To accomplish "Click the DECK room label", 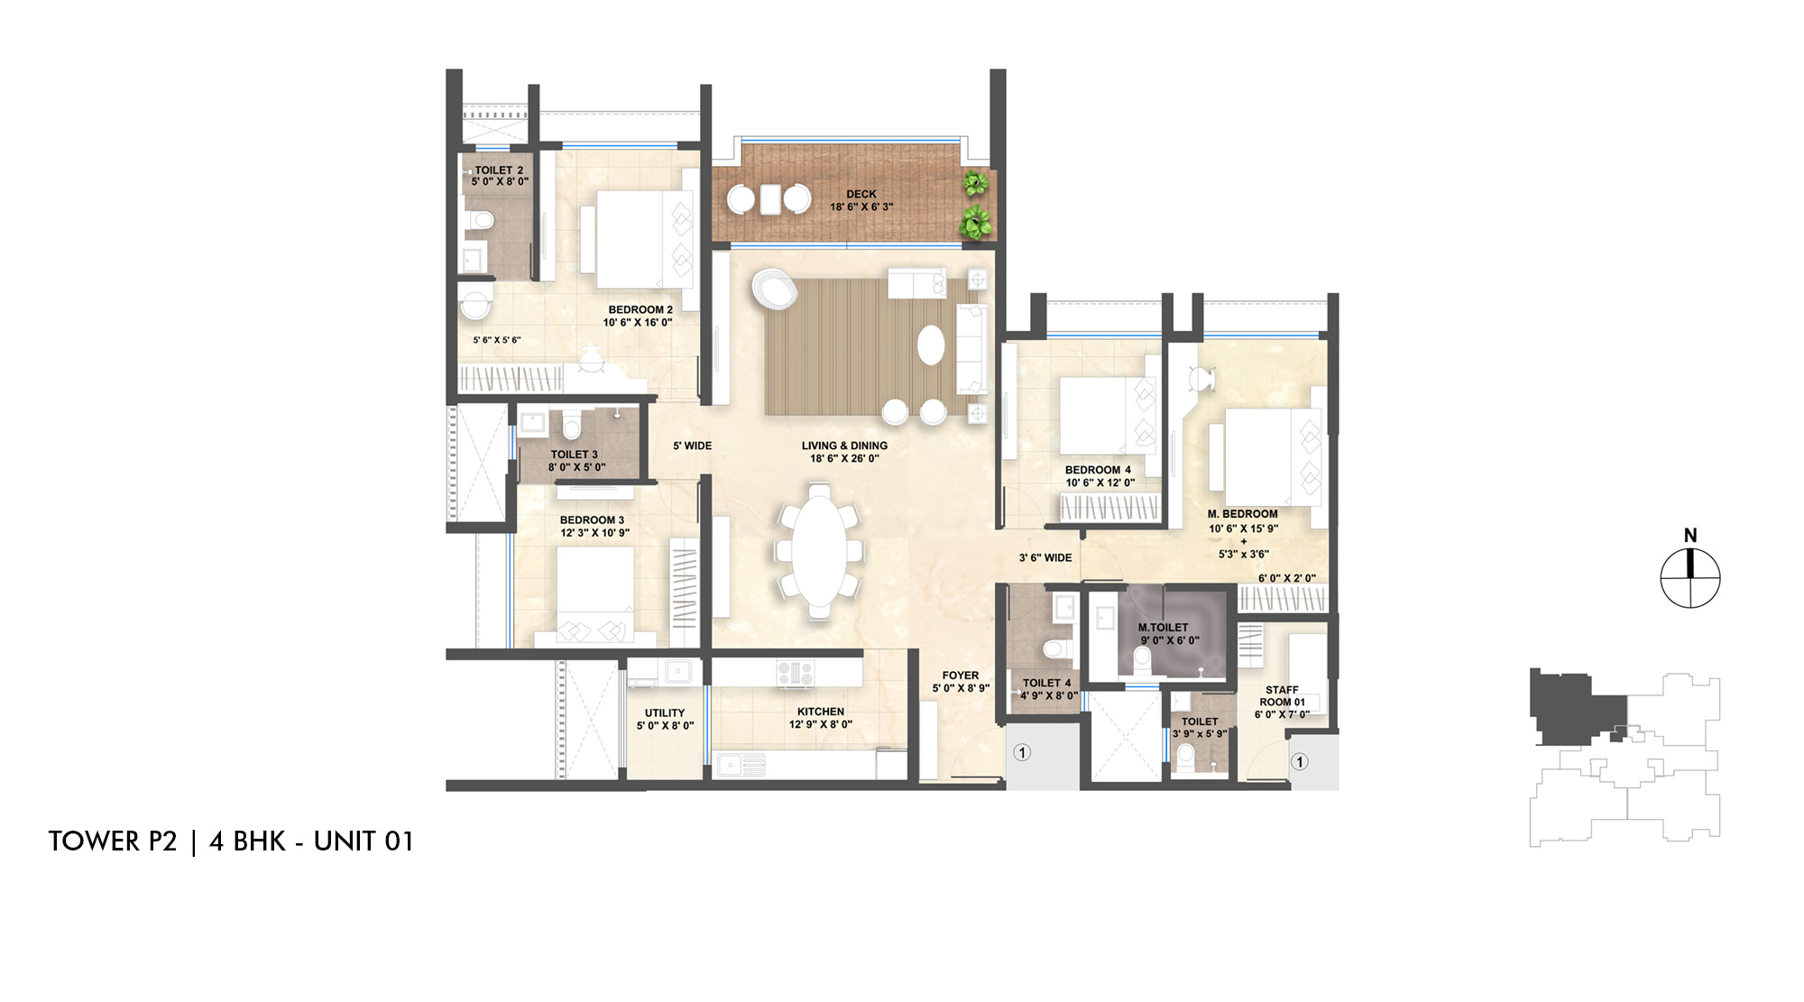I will point(861,195).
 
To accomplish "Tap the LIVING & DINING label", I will point(844,446).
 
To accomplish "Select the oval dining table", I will point(819,550).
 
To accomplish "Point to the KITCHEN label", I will point(821,712).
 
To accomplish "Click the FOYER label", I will point(961,676).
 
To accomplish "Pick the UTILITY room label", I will point(665,713).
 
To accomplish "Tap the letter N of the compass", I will point(1690,536).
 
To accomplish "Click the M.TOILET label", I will point(1163,628).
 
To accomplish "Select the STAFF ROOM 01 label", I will point(1282,696).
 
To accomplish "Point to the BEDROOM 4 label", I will point(1098,470).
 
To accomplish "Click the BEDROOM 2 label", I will point(640,310).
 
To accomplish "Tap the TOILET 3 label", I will point(575,455).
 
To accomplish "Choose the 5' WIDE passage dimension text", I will point(693,446).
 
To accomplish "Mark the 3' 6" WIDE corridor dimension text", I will point(1045,558).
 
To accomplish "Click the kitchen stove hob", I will point(796,672).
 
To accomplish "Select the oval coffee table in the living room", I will point(932,345).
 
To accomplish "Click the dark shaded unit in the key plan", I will point(1574,708).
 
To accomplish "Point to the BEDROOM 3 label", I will point(592,520).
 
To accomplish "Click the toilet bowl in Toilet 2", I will point(481,220).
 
